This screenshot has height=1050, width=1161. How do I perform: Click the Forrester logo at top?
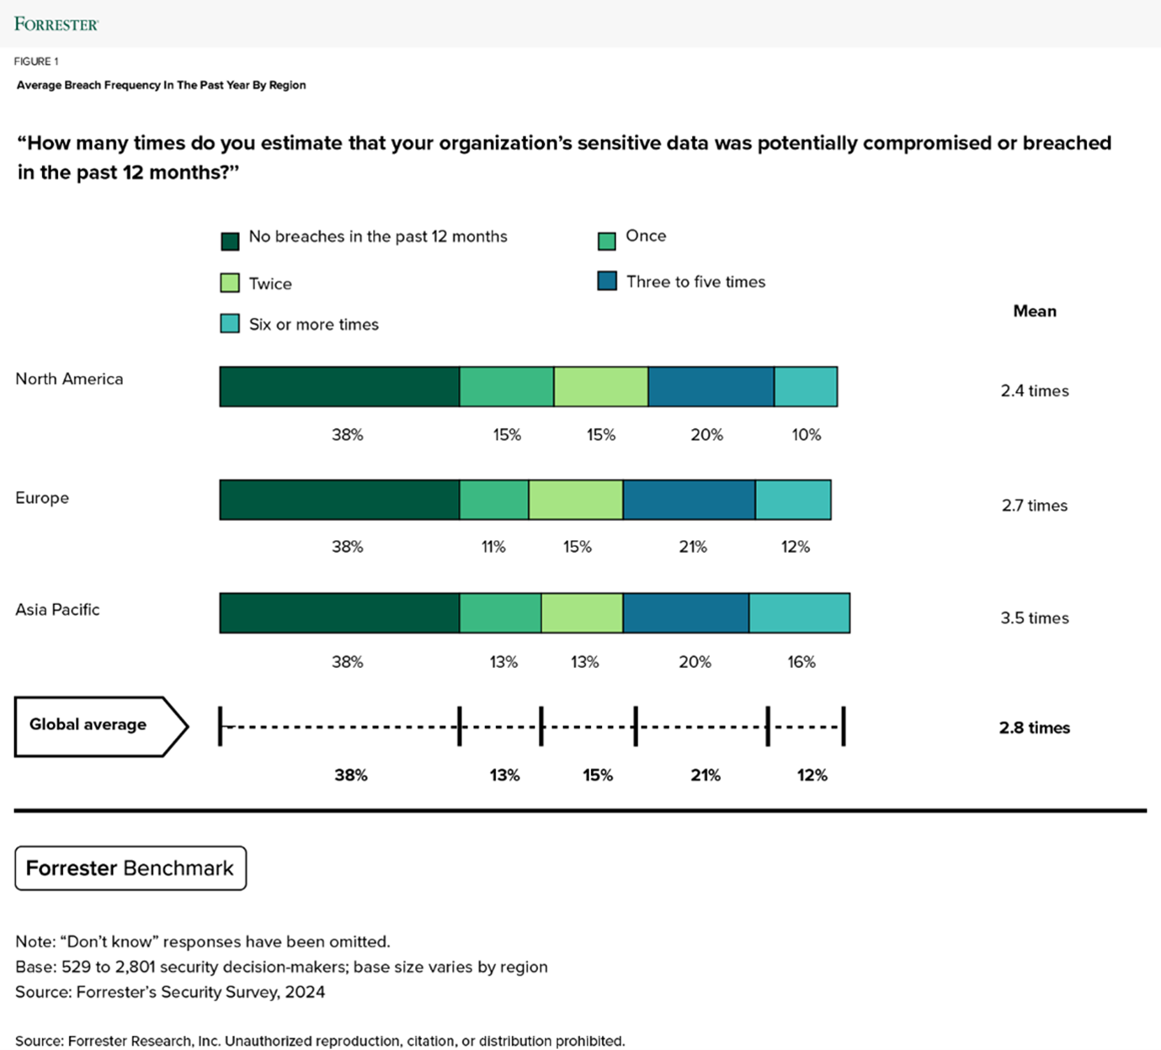[x=56, y=24]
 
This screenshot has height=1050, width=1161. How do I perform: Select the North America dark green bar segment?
[x=339, y=387]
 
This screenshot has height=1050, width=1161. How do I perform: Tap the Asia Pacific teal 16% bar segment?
[x=799, y=612]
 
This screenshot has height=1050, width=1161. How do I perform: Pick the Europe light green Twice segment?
[x=576, y=500]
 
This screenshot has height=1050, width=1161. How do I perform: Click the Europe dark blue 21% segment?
[x=689, y=500]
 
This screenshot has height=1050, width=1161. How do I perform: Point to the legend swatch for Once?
[x=606, y=242]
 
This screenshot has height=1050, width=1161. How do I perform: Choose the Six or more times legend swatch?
[x=230, y=324]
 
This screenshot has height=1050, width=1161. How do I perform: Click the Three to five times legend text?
[x=695, y=282]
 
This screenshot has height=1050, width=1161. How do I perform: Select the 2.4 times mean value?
[x=1035, y=390]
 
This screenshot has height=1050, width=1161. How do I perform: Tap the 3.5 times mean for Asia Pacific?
[x=1035, y=618]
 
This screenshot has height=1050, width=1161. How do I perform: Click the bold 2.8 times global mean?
[x=1035, y=728]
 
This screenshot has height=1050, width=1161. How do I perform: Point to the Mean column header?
[x=1035, y=311]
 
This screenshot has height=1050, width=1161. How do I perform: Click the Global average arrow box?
[x=99, y=726]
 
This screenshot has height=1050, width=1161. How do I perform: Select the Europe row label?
[x=42, y=497]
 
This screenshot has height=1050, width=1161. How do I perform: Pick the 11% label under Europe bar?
[x=493, y=547]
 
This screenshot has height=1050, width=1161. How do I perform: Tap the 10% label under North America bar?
[x=806, y=435]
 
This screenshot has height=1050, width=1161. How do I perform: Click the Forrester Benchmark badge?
[x=130, y=868]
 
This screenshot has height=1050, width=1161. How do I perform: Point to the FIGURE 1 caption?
[x=36, y=61]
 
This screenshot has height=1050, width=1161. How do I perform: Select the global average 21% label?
[x=706, y=775]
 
